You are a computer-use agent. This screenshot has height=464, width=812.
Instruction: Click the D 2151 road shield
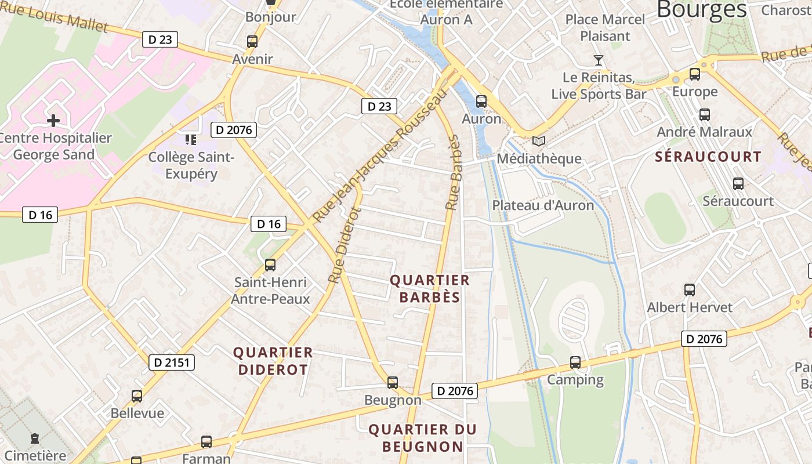point(171,362)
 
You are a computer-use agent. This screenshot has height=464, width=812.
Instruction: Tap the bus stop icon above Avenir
point(252,42)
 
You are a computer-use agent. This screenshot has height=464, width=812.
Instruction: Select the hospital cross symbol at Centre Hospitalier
point(53,121)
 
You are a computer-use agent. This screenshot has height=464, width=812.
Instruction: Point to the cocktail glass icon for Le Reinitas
point(599,60)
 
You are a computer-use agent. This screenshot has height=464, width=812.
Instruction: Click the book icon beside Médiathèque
point(539,141)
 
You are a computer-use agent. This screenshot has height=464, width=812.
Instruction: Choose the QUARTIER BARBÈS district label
point(429,289)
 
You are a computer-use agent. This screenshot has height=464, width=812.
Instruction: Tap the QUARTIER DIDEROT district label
point(273,361)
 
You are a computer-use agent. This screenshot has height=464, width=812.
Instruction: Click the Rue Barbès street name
point(453,172)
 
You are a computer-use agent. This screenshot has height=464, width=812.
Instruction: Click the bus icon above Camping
point(575,362)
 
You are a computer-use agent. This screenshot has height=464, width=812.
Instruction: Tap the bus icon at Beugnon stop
point(393,383)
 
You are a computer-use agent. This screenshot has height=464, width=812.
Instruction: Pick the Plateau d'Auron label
point(543,205)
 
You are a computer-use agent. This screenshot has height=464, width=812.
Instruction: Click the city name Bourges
point(702,9)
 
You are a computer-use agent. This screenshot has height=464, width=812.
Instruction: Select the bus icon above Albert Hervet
point(689,289)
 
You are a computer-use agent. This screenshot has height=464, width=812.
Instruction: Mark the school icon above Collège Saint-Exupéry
point(191,140)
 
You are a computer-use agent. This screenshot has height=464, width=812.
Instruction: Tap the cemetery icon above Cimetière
point(35,438)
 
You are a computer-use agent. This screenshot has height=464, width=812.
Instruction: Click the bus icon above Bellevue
point(137,396)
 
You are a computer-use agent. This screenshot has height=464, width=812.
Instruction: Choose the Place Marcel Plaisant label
point(605,27)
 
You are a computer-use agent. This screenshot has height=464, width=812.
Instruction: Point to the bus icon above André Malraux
point(704,115)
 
